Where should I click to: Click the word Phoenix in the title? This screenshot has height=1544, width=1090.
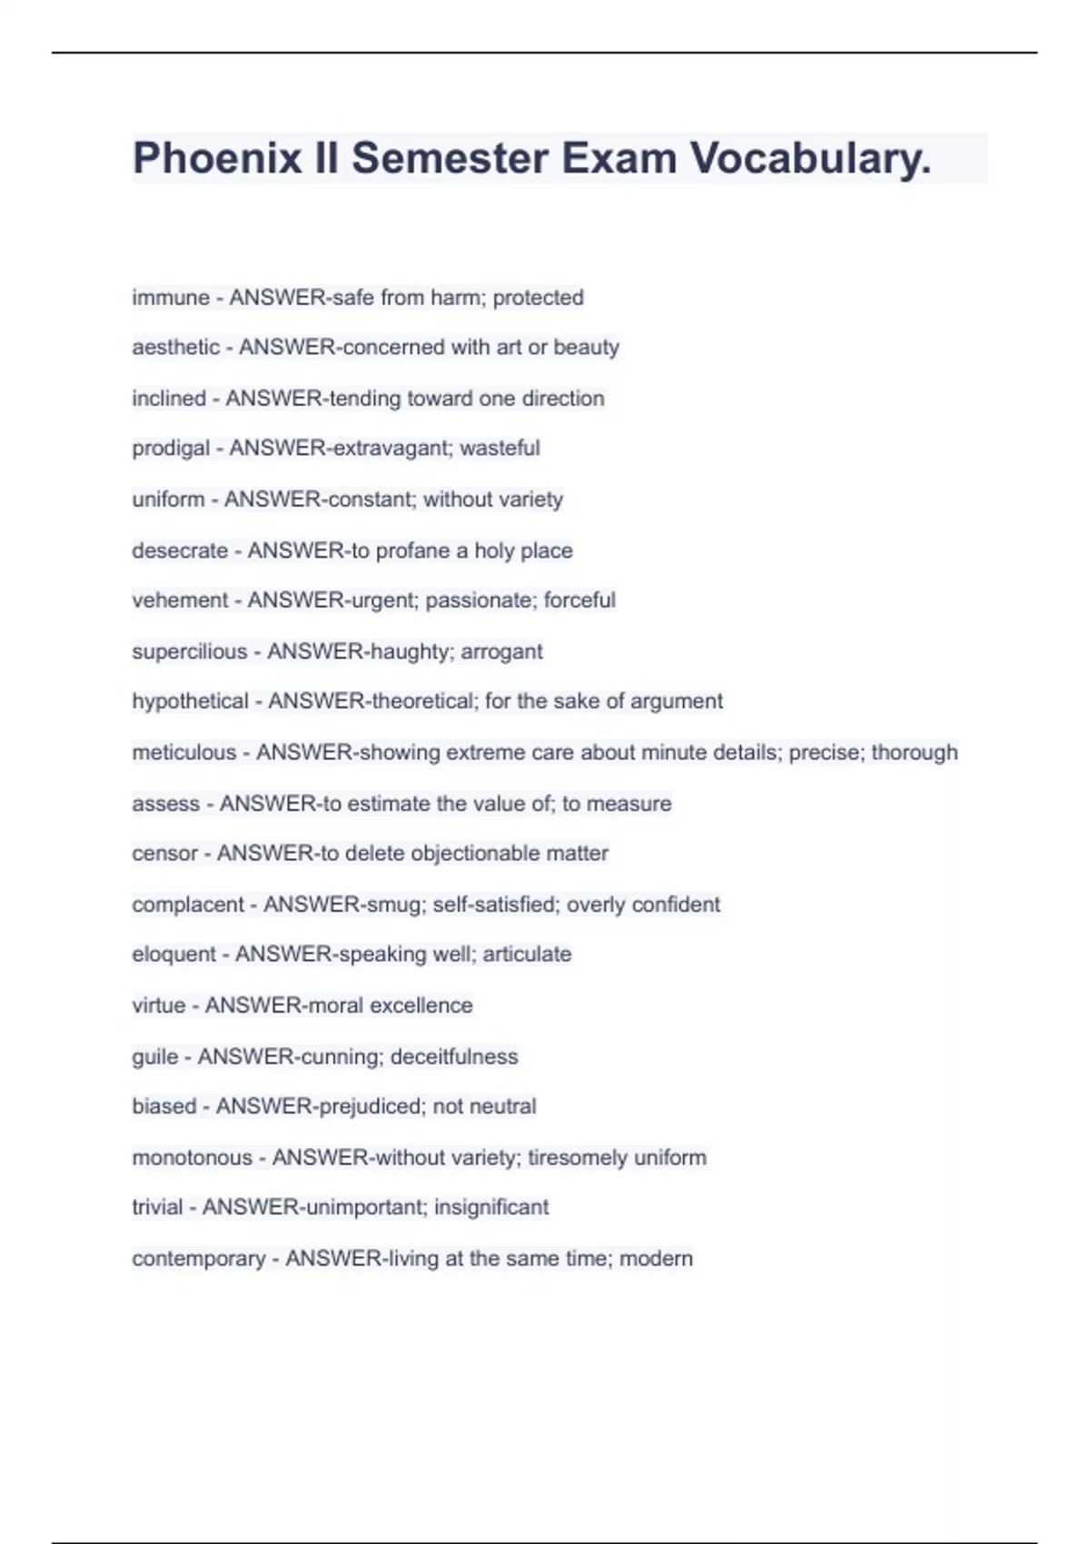tap(217, 158)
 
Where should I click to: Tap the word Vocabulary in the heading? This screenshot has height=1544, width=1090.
tap(810, 158)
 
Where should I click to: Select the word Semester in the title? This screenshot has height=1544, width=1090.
tap(450, 158)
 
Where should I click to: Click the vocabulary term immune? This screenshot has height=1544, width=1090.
tap(171, 297)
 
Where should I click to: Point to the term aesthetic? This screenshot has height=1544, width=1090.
tap(175, 347)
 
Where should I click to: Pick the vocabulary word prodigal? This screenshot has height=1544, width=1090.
tap(171, 448)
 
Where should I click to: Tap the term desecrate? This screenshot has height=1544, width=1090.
tap(180, 550)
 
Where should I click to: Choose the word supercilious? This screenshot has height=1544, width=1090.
tap(189, 651)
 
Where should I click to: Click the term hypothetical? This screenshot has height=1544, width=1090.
tap(190, 701)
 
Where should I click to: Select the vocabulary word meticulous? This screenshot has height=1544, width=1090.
tap(183, 752)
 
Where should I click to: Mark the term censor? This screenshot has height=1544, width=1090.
tap(164, 853)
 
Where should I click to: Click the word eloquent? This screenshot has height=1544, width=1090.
tap(173, 954)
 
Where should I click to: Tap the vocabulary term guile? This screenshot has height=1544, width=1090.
tap(154, 1056)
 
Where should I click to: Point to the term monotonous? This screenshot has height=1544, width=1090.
tap(192, 1157)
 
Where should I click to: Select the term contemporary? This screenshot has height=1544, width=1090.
tap(198, 1258)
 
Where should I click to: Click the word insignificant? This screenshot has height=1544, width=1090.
tap(491, 1207)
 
